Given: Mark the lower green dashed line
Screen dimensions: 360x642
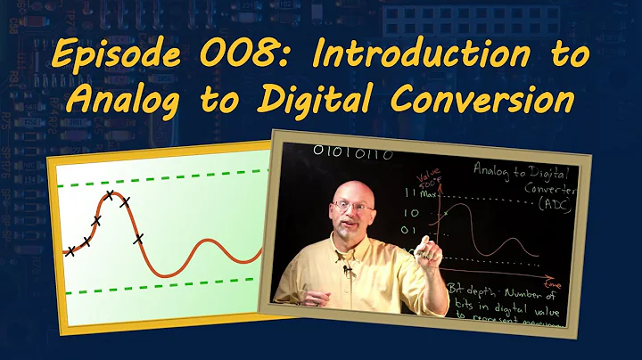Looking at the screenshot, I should pos(160,291).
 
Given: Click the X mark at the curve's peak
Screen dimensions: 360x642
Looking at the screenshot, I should pos(110,194).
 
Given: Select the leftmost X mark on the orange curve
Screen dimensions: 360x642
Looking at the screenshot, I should pos(70,251).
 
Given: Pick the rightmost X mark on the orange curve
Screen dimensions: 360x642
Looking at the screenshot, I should pos(138,238).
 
